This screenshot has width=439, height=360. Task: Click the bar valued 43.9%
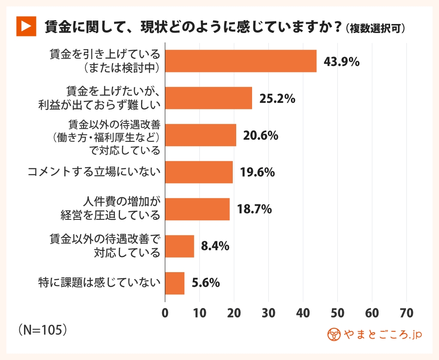click(241, 61)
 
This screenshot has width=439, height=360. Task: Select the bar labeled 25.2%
click(208, 98)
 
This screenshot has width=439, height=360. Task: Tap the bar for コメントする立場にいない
click(199, 172)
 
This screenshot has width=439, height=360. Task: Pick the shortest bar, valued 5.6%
click(175, 283)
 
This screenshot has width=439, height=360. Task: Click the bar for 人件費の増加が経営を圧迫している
click(197, 209)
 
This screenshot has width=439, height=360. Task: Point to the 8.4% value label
click(215, 246)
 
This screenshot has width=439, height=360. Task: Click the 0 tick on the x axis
click(165, 313)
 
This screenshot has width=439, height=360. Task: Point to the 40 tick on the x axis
click(303, 313)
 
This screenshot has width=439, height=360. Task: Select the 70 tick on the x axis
click(406, 313)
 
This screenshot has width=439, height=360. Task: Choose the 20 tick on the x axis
click(234, 313)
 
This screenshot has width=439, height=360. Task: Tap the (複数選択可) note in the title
click(375, 28)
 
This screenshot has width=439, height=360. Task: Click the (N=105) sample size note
click(41, 330)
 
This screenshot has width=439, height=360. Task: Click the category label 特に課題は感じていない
click(99, 283)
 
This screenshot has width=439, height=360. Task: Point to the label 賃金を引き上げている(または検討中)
click(105, 61)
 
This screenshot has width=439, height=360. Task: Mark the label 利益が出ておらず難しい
click(99, 105)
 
